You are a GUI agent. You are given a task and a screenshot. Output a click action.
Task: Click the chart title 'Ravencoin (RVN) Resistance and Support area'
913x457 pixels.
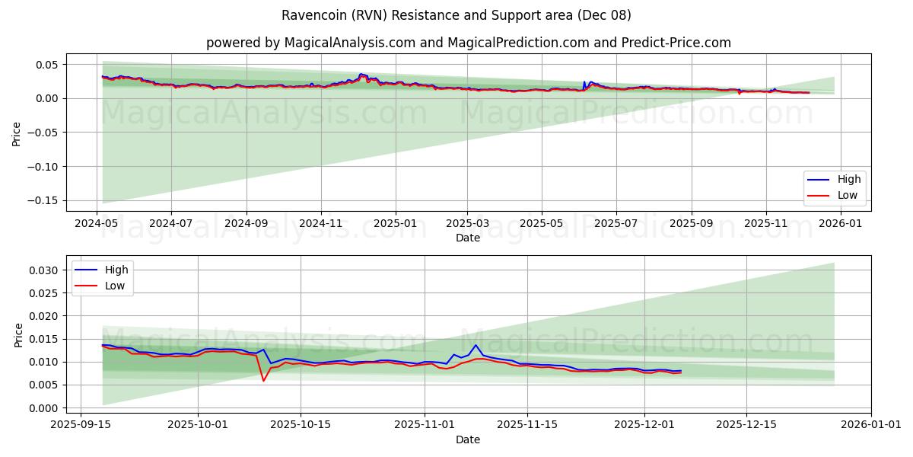coord(456,15)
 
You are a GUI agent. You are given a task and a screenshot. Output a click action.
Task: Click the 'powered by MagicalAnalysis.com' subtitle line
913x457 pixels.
coord(468,43)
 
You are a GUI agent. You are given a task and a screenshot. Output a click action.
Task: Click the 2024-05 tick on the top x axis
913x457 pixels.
coord(96,224)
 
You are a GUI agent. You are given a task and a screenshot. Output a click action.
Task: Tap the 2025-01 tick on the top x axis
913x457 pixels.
coord(396,224)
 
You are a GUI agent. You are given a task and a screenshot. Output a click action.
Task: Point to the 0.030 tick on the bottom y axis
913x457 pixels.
coord(43,270)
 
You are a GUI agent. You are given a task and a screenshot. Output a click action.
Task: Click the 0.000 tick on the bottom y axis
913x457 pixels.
coord(43,408)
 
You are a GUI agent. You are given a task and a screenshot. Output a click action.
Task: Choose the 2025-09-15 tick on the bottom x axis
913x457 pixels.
coord(81,424)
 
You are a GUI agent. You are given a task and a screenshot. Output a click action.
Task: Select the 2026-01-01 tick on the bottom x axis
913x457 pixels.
coord(870,424)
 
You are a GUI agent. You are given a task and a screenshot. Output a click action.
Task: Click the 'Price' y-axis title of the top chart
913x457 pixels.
coord(17,133)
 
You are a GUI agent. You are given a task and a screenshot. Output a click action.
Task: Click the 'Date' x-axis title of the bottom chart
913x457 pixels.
coord(468,439)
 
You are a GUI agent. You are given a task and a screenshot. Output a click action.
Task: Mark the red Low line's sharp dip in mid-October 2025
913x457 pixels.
coord(263,380)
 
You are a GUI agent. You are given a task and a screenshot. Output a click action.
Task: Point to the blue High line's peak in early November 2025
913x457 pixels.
coord(476,345)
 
